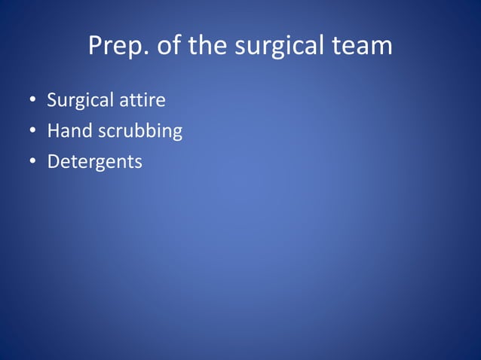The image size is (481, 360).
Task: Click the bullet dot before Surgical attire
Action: [33, 100]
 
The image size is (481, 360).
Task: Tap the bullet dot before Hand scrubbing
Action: [33, 131]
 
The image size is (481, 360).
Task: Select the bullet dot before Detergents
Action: [33, 162]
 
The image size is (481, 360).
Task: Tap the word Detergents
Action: [94, 162]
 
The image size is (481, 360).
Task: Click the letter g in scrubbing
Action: [176, 133]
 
